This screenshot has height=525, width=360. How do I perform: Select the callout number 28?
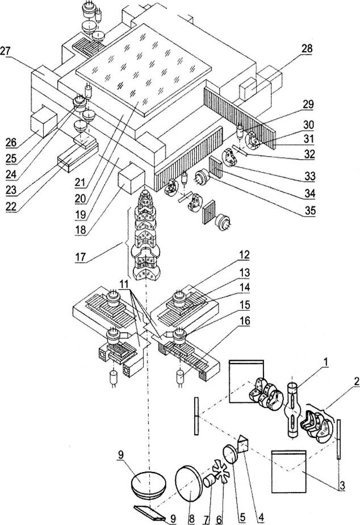[307, 49]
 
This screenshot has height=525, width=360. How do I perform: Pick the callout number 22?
[10, 206]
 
